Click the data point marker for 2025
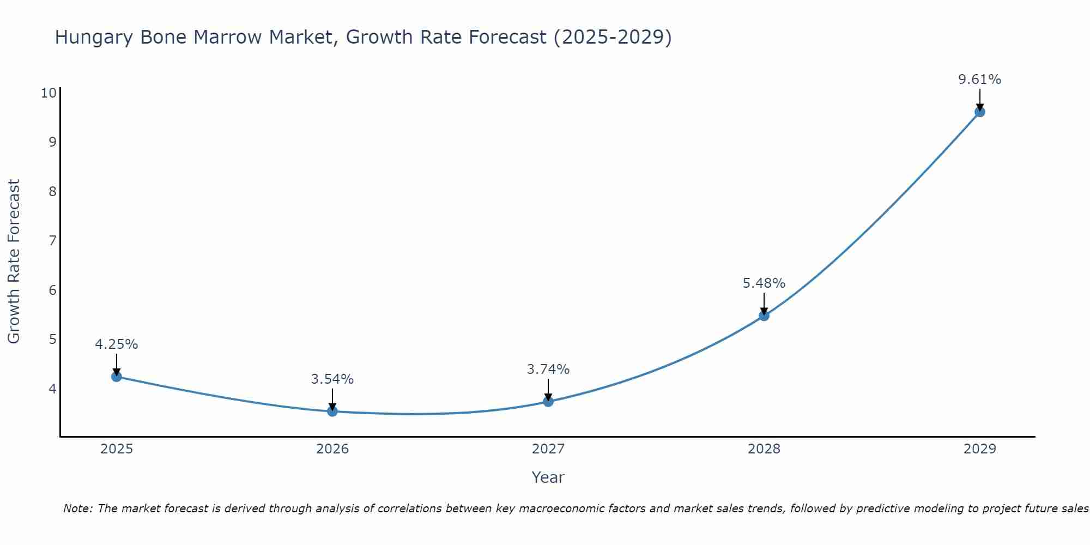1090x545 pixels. (116, 376)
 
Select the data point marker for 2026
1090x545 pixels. (332, 411)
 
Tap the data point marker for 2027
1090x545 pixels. (548, 402)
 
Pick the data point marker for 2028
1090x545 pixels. (764, 316)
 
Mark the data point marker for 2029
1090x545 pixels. (980, 112)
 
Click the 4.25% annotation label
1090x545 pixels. (116, 344)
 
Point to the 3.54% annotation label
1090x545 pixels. (332, 379)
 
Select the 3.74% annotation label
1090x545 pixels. (548, 370)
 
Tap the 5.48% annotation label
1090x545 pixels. (764, 283)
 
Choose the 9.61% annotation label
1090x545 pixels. (980, 80)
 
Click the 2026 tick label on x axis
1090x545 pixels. (332, 449)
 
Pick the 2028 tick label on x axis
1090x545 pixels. (764, 449)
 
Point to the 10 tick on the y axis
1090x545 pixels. (49, 93)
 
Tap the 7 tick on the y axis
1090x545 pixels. (52, 240)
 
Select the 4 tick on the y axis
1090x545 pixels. (52, 389)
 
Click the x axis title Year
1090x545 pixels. (548, 477)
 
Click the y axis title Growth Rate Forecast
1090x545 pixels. (14, 262)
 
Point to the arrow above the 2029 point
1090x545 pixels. (980, 99)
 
